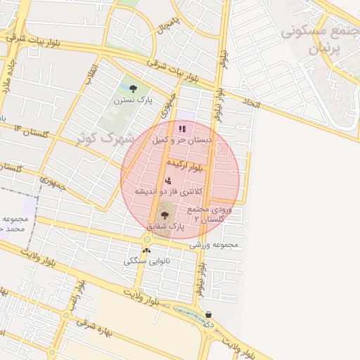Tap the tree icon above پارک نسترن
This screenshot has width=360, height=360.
(x=133, y=88)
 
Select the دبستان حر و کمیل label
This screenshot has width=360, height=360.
(x=183, y=140)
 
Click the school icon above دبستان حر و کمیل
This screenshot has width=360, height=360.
(x=183, y=129)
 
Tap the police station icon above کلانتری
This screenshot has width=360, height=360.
(x=167, y=181)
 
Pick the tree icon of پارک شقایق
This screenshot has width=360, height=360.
(x=165, y=215)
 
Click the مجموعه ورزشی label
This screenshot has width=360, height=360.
(x=214, y=245)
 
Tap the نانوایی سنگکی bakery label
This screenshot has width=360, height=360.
(x=146, y=261)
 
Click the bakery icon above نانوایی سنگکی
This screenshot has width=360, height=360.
(x=146, y=250)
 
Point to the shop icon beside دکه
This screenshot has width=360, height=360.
(x=209, y=314)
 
